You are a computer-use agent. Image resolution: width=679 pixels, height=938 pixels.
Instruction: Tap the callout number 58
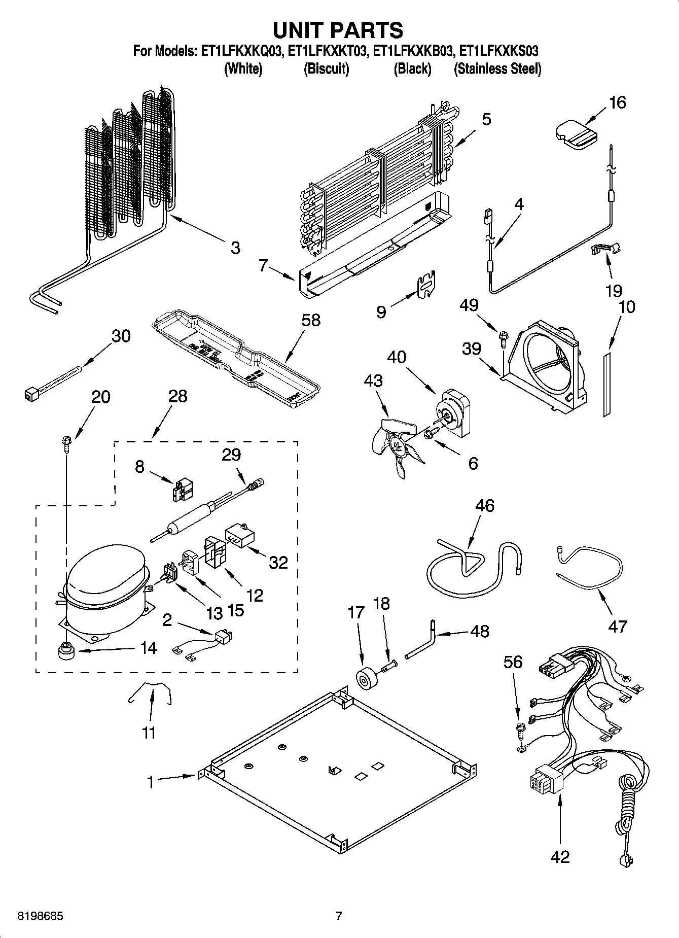coord(311,320)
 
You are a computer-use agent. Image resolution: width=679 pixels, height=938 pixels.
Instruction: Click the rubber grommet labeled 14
coord(65,651)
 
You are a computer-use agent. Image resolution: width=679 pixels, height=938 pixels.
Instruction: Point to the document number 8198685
coord(34,917)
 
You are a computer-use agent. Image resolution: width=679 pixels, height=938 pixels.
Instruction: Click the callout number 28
coord(178,396)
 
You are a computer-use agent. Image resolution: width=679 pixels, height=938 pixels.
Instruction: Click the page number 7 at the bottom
coord(339,916)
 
